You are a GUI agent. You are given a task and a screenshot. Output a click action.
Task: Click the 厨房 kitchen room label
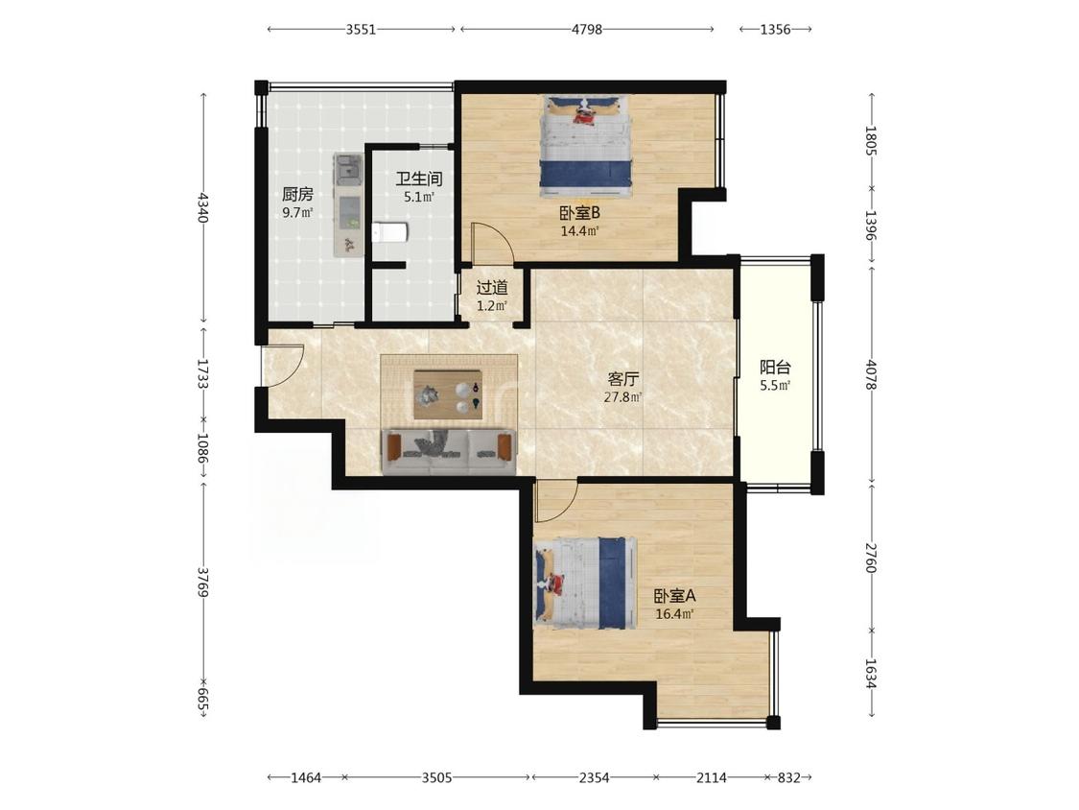297,195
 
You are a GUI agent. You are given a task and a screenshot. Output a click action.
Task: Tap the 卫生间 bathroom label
418,179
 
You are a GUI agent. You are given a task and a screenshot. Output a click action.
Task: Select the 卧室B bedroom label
580,213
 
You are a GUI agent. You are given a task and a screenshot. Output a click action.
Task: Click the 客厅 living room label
623,379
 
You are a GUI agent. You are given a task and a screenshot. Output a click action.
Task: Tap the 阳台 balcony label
775,368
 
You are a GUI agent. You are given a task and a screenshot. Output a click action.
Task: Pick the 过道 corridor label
492,287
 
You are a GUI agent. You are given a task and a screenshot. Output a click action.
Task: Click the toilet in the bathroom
390,233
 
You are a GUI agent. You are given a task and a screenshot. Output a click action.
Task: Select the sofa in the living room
449,452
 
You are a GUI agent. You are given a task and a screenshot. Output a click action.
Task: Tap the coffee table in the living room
448,394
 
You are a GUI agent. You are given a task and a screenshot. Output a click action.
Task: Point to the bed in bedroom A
585,584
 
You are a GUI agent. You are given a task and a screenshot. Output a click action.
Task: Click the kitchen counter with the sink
348,205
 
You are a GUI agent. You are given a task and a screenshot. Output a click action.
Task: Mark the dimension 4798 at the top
587,29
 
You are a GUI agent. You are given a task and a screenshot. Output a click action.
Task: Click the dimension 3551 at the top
361,29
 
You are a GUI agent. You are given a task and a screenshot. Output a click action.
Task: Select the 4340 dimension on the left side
202,206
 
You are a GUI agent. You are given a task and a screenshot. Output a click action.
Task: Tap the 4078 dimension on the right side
871,374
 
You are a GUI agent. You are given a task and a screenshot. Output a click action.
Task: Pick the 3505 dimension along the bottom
437,777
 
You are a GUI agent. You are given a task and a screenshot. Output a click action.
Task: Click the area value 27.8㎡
623,397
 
